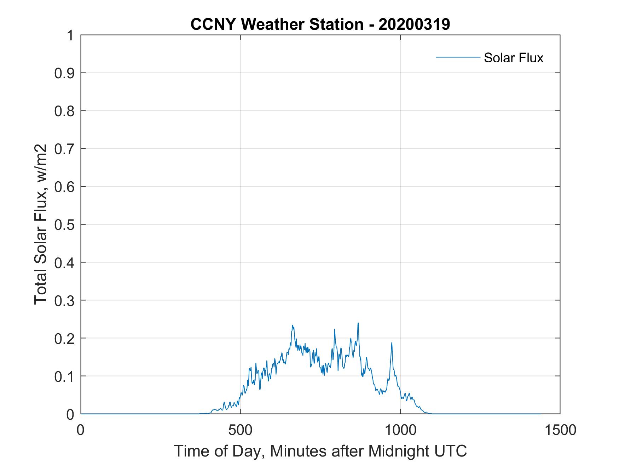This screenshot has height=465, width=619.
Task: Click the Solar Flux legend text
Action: tap(513, 58)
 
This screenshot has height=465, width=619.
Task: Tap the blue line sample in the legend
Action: tap(458, 57)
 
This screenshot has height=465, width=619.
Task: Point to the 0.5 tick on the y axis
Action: tap(65, 225)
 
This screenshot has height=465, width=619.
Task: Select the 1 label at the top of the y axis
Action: tap(71, 35)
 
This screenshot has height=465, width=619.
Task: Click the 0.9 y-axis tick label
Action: tap(65, 73)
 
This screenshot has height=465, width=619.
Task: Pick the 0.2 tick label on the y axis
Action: tap(65, 338)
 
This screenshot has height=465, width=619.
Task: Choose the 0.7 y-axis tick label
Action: tap(65, 149)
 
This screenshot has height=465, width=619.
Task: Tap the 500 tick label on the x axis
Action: tap(241, 430)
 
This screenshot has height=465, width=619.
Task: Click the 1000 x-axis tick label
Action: tap(400, 430)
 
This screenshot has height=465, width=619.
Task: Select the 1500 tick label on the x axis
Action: tap(560, 430)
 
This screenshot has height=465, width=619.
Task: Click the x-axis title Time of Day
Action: tap(320, 451)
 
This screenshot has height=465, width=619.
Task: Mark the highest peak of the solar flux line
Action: tap(358, 323)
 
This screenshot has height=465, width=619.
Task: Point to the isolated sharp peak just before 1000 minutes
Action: tap(392, 343)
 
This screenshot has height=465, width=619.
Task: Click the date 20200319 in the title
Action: tap(414, 25)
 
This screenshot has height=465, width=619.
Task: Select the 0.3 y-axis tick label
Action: tap(65, 300)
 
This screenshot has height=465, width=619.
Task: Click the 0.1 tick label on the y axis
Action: tap(65, 376)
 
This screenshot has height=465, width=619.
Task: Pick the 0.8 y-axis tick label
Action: tap(65, 111)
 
